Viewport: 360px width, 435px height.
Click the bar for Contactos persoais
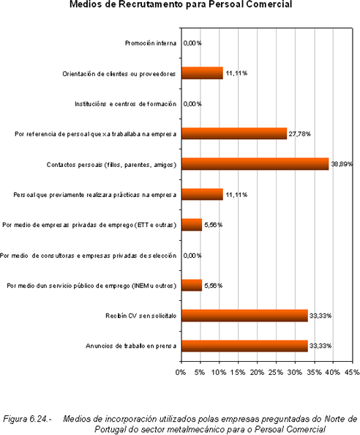(x=255, y=164)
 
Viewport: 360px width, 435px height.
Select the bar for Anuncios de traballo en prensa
(x=244, y=346)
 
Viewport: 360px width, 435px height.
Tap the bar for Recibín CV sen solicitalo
(x=244, y=316)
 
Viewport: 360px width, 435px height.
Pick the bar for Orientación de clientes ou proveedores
(x=202, y=73)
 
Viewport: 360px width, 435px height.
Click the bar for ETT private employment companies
(x=192, y=225)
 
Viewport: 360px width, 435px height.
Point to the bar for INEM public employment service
(x=192, y=285)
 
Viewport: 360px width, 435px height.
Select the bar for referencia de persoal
(x=234, y=133)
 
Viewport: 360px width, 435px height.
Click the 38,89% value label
(x=342, y=164)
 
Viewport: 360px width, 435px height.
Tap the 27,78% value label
(x=299, y=134)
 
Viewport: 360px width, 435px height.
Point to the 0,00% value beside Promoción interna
(x=192, y=43)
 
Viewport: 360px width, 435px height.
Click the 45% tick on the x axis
(x=352, y=372)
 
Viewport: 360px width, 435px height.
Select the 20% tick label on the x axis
(x=257, y=372)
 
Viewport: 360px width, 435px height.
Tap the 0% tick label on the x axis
(x=181, y=372)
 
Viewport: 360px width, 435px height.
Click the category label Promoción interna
(x=151, y=43)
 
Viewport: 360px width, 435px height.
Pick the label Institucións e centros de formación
(x=125, y=104)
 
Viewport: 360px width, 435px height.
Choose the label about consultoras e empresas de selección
(x=88, y=256)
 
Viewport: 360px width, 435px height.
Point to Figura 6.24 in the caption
(x=27, y=418)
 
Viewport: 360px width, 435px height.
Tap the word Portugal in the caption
(x=108, y=429)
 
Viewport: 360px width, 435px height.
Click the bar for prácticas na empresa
(x=202, y=194)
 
